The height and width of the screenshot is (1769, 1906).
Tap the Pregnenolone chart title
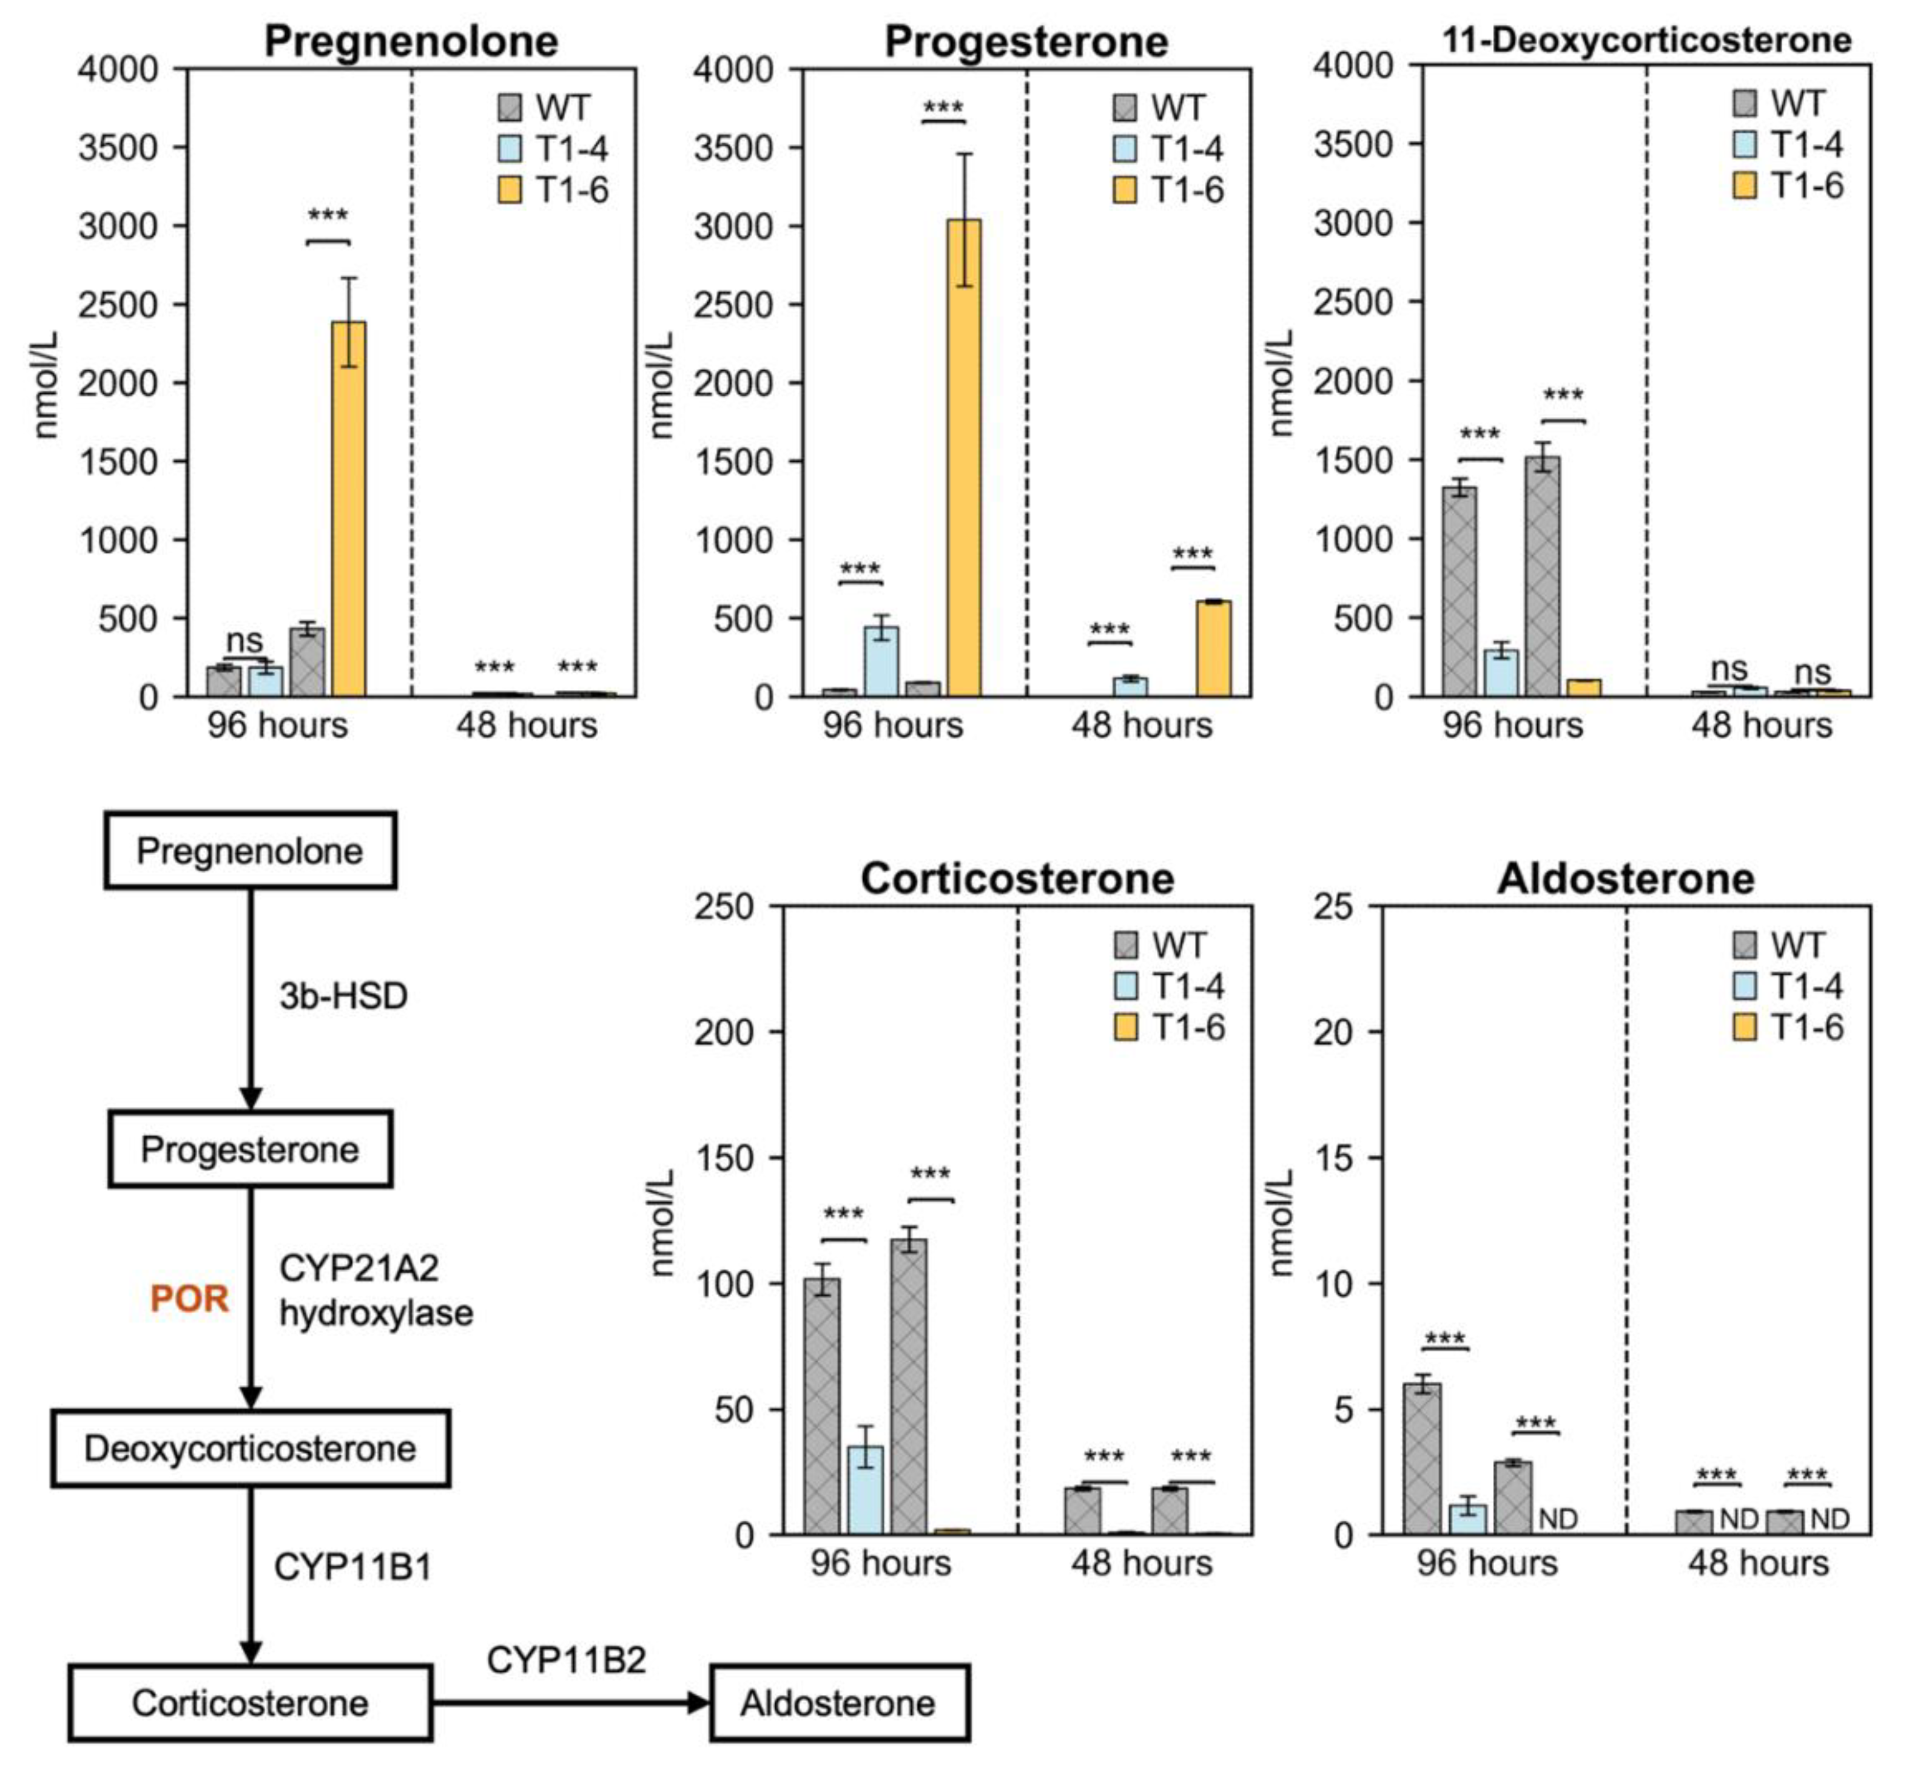(x=411, y=41)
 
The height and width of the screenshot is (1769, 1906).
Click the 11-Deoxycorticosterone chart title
(x=1646, y=39)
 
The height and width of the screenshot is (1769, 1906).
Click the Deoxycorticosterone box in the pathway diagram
(x=251, y=1449)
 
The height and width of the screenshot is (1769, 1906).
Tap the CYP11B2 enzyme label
(x=567, y=1660)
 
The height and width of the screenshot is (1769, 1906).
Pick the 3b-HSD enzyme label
(x=343, y=996)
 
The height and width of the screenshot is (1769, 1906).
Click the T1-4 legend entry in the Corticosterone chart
(x=1169, y=987)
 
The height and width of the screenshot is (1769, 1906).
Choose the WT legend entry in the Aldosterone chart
(x=1778, y=945)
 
